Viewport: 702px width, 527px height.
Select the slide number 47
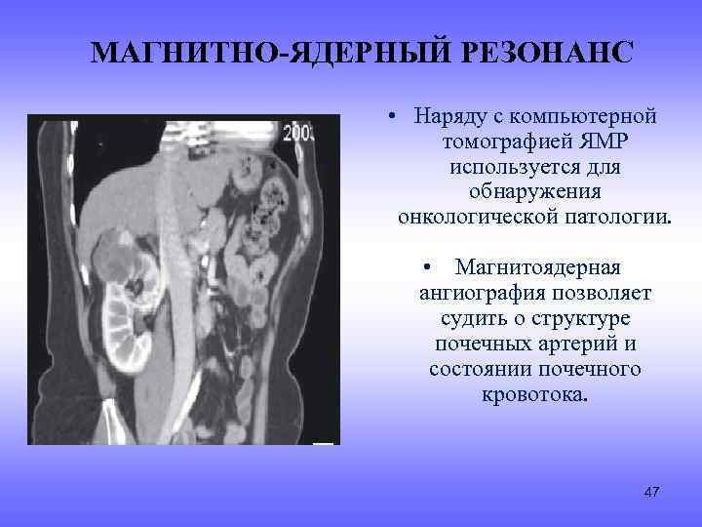(x=651, y=491)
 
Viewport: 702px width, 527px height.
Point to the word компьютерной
(x=588, y=116)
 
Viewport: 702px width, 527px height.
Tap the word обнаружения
(x=535, y=192)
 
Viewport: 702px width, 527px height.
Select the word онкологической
(x=478, y=217)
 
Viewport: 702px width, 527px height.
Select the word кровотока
(x=535, y=395)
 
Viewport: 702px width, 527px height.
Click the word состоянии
(x=476, y=370)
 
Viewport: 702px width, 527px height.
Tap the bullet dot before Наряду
(x=389, y=118)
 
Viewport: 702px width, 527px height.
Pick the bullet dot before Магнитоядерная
(x=427, y=268)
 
